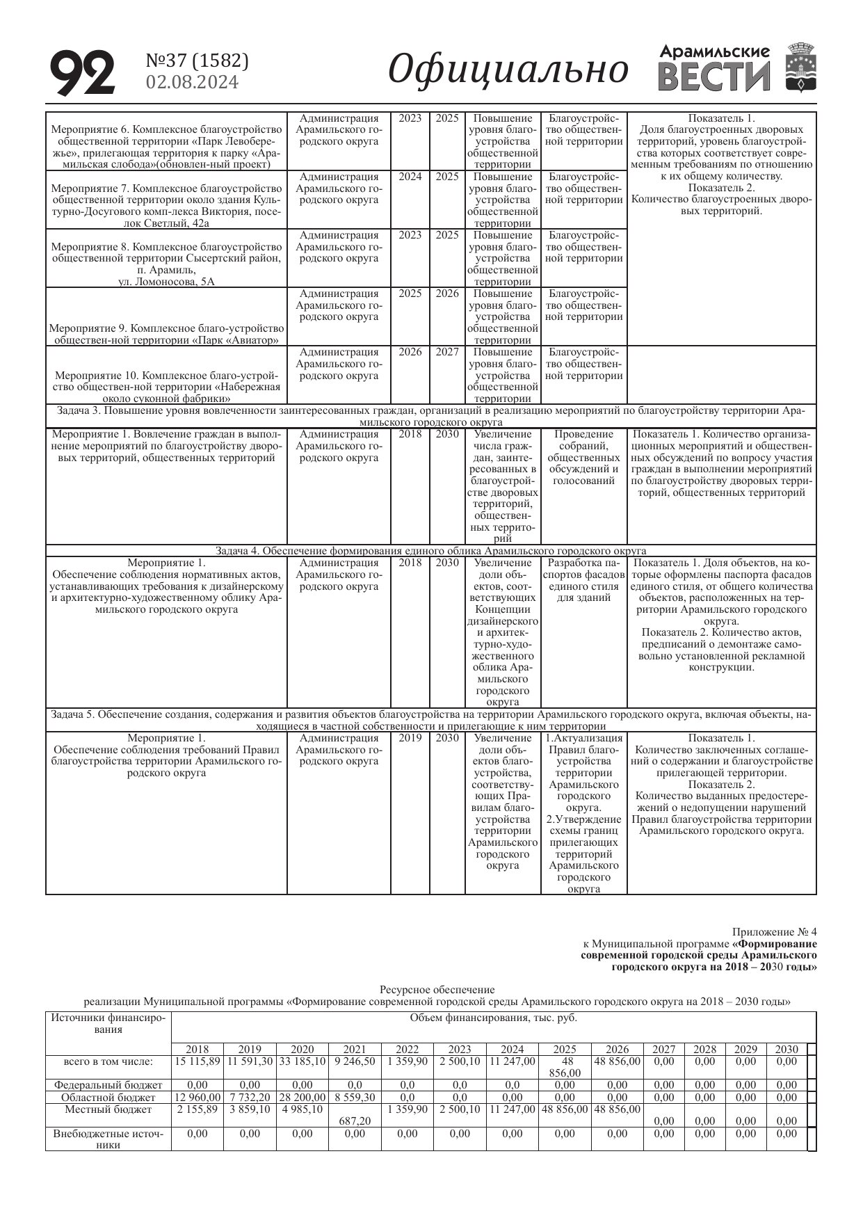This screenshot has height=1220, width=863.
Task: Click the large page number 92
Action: pos(82,73)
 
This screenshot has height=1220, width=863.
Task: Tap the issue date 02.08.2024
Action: pos(192,83)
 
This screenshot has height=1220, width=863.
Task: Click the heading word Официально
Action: pos(508,70)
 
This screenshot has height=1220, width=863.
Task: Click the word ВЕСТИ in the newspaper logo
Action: pos(714,77)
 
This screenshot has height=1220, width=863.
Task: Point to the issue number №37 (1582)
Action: pos(197,61)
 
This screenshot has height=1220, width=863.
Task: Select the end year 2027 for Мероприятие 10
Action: pos(447,352)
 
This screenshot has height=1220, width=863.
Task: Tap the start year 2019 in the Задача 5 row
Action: pos(410,738)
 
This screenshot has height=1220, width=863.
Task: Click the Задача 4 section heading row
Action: pos(430,551)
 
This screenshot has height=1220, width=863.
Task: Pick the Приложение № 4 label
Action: pos(775,932)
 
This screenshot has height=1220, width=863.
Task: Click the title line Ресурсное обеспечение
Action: pos(437,990)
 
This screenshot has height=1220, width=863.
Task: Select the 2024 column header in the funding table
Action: pos(512,1050)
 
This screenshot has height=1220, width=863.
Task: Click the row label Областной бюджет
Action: pos(108,1098)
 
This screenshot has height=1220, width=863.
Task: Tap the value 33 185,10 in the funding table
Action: pos(302,1062)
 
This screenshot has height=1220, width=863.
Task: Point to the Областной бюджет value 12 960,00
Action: pos(197,1098)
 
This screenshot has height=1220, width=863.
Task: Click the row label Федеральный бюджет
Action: pos(108,1085)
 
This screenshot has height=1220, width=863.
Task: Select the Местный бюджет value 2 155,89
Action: pos(197,1109)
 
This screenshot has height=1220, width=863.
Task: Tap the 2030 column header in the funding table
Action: pos(787,1050)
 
